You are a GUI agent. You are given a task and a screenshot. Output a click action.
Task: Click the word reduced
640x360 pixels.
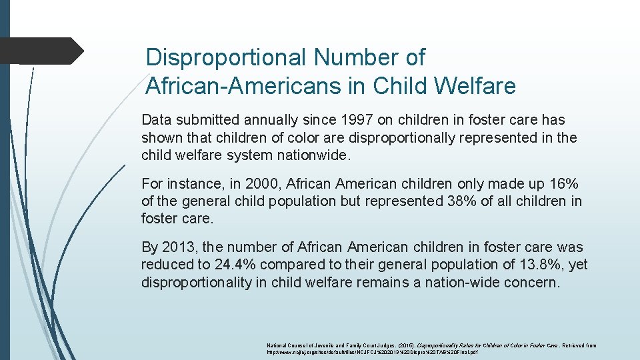(167, 265)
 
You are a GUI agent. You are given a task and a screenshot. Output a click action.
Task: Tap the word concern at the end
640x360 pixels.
(534, 282)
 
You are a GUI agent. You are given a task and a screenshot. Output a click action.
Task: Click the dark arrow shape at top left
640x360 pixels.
(40, 51)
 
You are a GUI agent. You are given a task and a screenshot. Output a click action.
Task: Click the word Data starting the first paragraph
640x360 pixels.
(156, 120)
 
